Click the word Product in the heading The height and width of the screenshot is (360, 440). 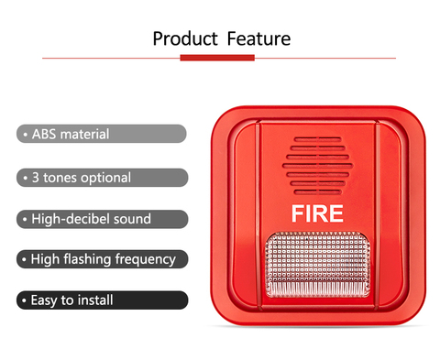pos(185,38)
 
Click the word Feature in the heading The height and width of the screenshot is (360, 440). pos(258,38)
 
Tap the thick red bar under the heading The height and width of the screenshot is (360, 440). pos(217,58)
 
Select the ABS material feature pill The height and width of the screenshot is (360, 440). pos(102,134)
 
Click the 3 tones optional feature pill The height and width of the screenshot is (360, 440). pos(102,178)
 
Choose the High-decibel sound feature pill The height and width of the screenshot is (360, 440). pos(102,219)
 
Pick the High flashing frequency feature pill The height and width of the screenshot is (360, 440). pos(102,259)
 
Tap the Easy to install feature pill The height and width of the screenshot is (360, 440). pos(102,300)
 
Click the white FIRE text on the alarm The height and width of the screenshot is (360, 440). pos(317,213)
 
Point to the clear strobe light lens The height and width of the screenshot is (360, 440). pos(318,265)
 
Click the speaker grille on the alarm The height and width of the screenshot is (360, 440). pos(318,166)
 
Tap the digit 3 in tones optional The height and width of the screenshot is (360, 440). pos(36,178)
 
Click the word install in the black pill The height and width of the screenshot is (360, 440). pos(95,300)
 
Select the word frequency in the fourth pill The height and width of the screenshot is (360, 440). pos(146,260)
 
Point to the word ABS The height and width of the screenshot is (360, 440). pos(44,134)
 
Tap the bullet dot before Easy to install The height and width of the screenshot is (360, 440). pos(24,300)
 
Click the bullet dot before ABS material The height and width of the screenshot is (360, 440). pos(26,135)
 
